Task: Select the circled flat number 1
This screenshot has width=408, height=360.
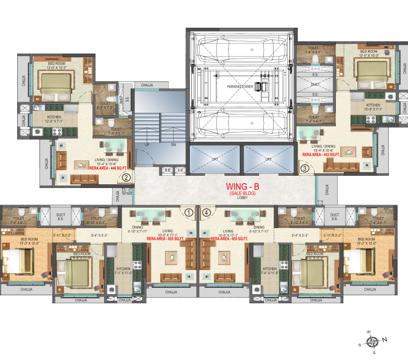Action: tap(189, 212)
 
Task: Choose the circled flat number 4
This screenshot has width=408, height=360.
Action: tap(206, 212)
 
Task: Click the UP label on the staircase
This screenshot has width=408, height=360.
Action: tap(147, 145)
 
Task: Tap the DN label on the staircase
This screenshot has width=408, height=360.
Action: tap(173, 145)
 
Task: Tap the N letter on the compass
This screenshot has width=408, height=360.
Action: tap(385, 339)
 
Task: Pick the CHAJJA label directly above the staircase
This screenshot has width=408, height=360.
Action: tap(147, 85)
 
